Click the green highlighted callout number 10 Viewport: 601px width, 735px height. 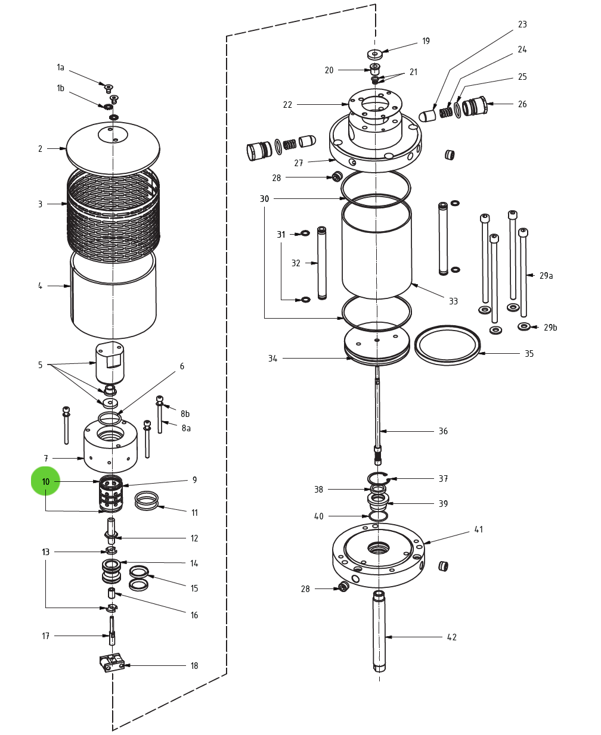pyautogui.click(x=46, y=481)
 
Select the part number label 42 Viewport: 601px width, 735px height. pyautogui.click(x=452, y=637)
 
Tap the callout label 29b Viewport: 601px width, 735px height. pyautogui.click(x=550, y=328)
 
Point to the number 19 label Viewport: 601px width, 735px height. pyautogui.click(x=426, y=41)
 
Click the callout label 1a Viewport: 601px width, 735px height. pyautogui.click(x=60, y=67)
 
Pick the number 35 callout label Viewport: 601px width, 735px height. pyautogui.click(x=529, y=354)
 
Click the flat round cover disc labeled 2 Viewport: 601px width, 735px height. pyautogui.click(x=113, y=148)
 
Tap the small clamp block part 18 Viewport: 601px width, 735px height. pyautogui.click(x=111, y=662)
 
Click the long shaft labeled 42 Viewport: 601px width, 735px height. pyautogui.click(x=379, y=631)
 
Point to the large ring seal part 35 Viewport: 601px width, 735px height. pyautogui.click(x=447, y=345)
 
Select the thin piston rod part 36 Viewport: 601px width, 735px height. pyautogui.click(x=377, y=411)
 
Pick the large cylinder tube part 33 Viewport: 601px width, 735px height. pyautogui.click(x=376, y=250)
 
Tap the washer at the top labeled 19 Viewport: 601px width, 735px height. pyautogui.click(x=374, y=54)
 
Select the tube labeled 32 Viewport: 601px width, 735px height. pyautogui.click(x=322, y=263)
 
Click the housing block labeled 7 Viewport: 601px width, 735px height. pyautogui.click(x=110, y=447)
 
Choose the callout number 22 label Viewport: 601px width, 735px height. pyautogui.click(x=287, y=105)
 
